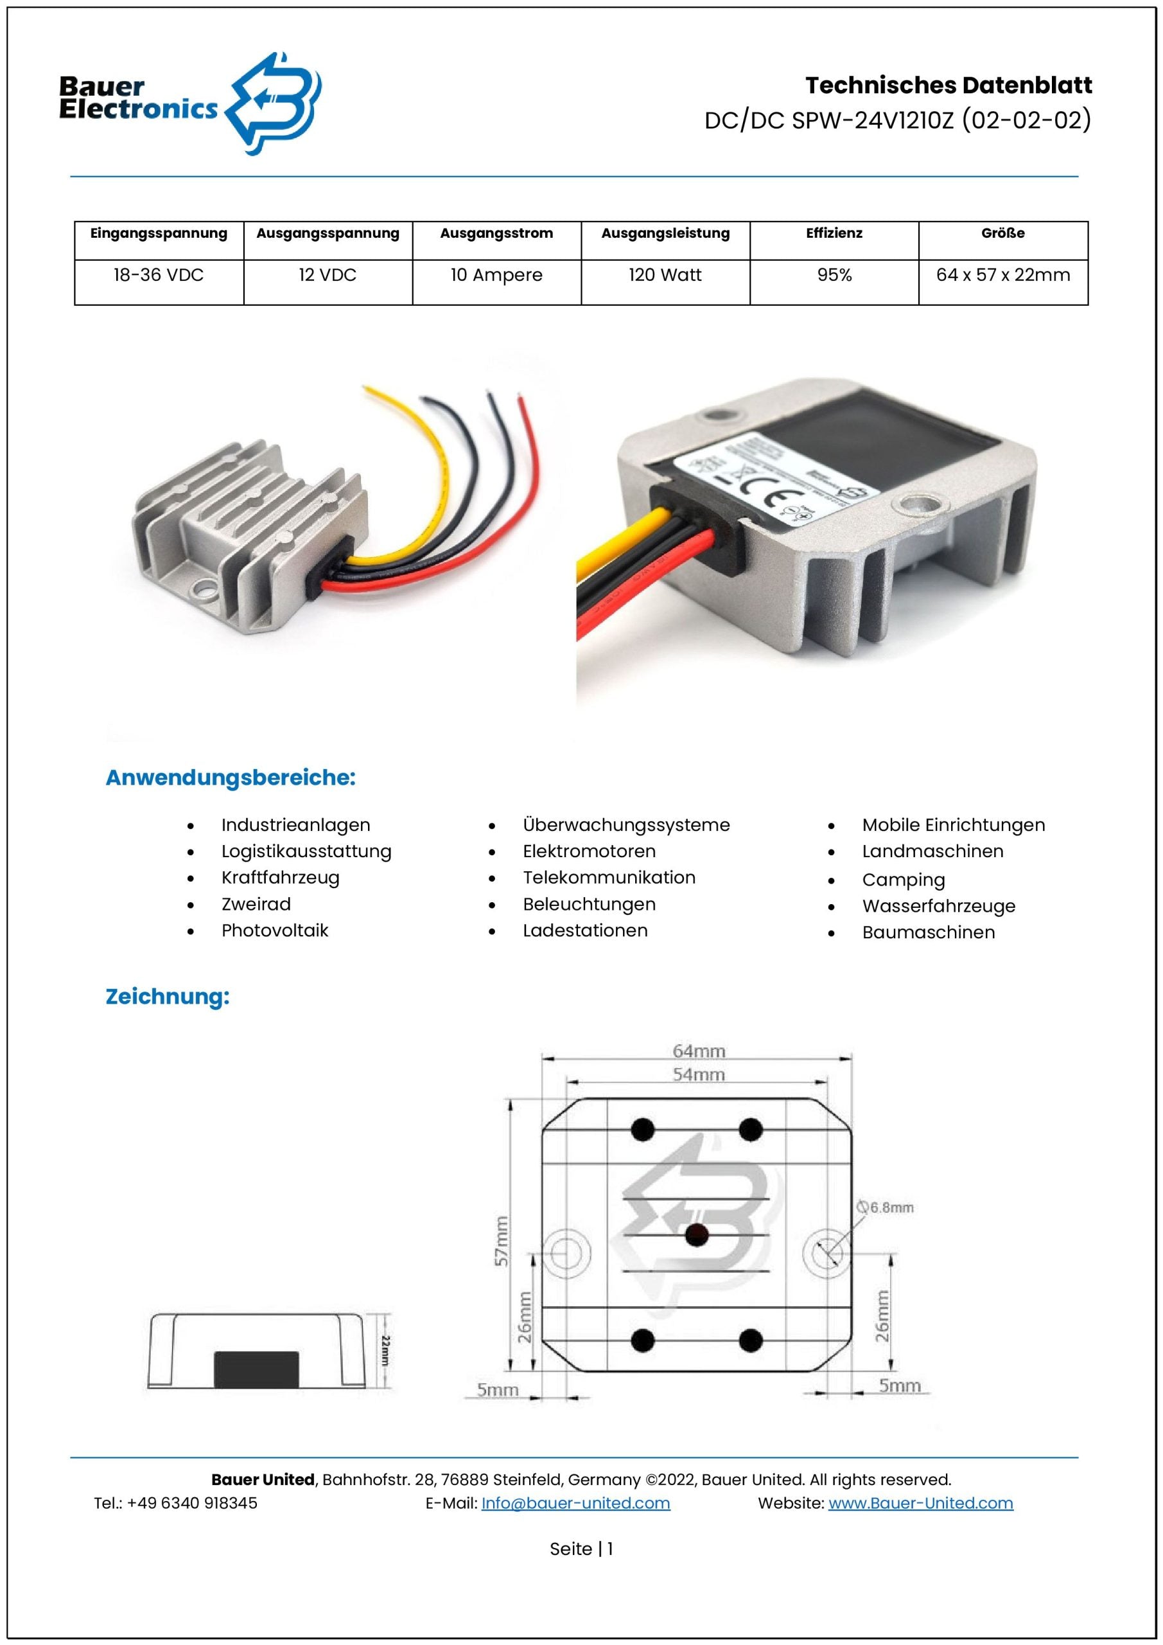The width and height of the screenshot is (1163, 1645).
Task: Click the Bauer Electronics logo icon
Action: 274,104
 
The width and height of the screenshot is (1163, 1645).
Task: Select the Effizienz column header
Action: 834,233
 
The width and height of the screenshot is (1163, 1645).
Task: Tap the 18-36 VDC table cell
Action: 158,275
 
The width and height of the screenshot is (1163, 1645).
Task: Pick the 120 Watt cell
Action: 665,275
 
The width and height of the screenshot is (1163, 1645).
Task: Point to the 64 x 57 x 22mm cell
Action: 1002,275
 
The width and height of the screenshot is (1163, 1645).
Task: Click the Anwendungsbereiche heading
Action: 231,778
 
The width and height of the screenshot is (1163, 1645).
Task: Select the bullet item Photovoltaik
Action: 274,930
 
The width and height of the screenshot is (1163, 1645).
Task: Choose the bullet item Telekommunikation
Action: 609,878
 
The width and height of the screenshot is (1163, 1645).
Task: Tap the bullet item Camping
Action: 903,880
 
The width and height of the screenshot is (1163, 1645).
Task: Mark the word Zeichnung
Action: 168,997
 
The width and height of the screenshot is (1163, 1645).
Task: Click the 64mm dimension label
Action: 699,1051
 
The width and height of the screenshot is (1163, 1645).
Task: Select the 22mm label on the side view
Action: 385,1350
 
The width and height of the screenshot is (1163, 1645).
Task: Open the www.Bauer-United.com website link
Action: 920,1503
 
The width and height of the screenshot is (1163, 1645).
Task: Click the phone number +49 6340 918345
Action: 192,1503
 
